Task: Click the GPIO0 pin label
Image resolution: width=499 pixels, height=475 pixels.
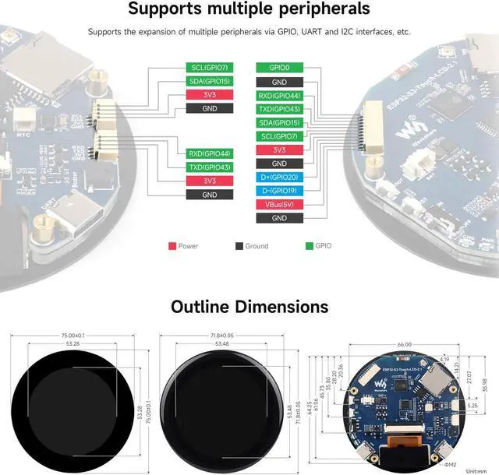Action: (x=279, y=68)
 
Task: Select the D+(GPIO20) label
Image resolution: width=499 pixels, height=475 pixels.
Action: (x=279, y=178)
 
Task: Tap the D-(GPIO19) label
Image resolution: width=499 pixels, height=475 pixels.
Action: (x=279, y=191)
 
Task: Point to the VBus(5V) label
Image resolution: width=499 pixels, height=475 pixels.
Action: (x=279, y=205)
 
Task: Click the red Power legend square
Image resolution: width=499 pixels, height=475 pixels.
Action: (x=172, y=246)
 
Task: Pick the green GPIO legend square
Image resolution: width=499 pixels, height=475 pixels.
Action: (x=310, y=246)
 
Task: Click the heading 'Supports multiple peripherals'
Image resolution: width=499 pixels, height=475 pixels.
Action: (x=249, y=10)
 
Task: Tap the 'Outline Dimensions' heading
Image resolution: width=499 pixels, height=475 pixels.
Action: (x=249, y=306)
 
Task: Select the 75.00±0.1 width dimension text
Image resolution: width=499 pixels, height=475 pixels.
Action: (x=73, y=336)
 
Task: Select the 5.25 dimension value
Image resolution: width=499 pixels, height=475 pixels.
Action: (x=474, y=406)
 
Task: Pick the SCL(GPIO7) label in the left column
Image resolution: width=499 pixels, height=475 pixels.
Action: (x=209, y=68)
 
